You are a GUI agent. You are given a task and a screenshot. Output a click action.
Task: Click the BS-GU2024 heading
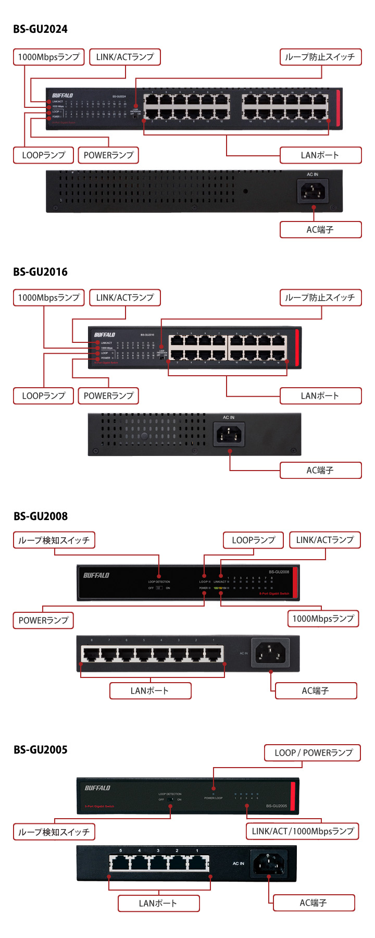point(41,29)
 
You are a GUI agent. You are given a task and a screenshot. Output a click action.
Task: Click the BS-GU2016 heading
point(41,272)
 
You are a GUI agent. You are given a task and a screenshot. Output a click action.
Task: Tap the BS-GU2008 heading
point(41,516)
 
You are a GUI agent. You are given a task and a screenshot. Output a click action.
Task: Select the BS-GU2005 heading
point(41,750)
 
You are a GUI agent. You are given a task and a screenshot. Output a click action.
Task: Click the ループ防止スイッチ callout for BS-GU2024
point(320,57)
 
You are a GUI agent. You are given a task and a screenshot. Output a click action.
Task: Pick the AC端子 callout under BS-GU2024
point(320,230)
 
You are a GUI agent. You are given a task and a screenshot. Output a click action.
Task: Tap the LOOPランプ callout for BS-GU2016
point(44,396)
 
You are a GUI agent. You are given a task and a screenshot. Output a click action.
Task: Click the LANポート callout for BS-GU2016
point(320,396)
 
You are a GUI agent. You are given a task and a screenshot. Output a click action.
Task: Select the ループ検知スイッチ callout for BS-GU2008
point(54,540)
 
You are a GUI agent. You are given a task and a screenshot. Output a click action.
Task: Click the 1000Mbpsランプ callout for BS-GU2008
point(323,619)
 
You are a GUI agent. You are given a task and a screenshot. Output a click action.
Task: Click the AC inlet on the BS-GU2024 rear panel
point(312,191)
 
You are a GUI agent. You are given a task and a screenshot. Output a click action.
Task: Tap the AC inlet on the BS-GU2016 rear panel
point(229,434)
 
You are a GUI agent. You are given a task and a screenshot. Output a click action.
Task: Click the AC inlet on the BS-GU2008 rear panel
point(270,652)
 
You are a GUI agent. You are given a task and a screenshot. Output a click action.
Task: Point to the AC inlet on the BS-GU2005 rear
point(268,863)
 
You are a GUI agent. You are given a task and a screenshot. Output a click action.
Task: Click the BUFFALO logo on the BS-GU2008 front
point(96,575)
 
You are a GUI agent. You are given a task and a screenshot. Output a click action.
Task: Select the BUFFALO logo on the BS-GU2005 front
point(97,788)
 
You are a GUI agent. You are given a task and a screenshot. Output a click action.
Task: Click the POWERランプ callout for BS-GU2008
point(43,621)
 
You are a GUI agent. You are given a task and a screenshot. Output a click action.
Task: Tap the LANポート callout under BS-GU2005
point(158,904)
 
